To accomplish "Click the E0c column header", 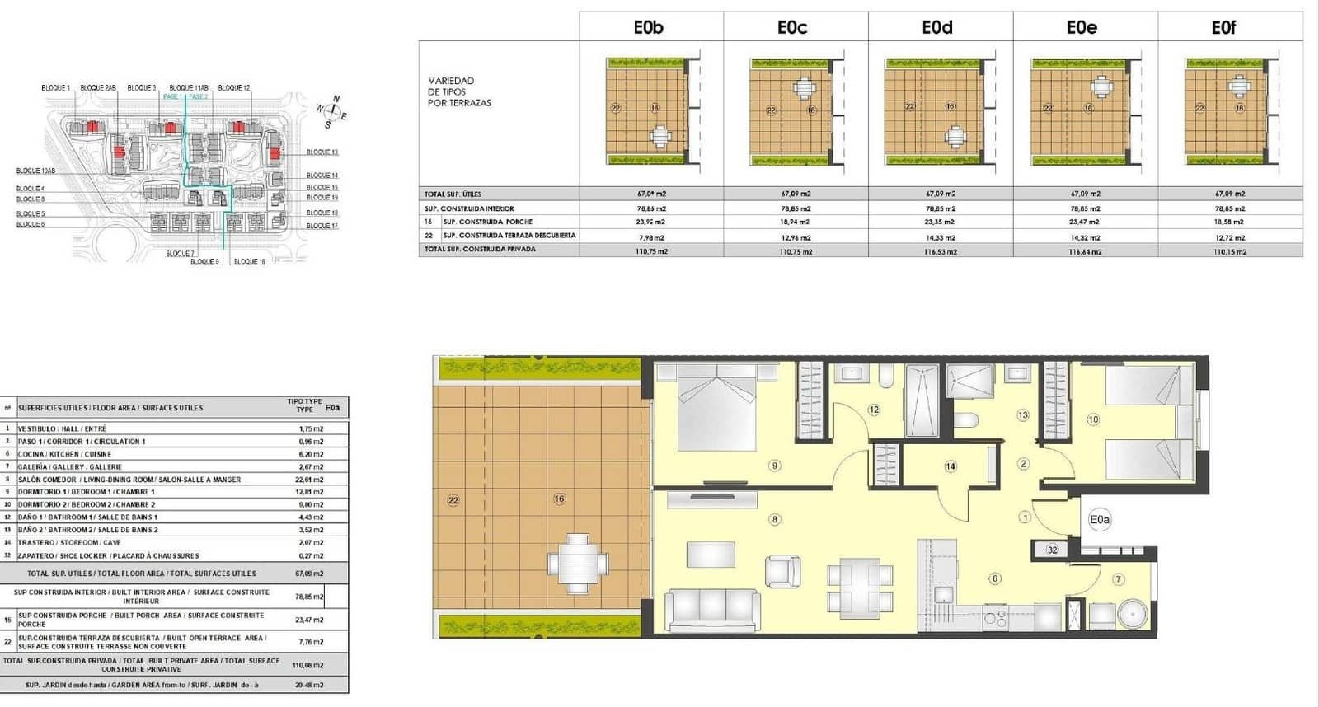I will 792,28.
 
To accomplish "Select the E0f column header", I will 1223,28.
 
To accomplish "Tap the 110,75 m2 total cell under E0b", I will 651,251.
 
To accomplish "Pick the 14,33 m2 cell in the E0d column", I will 940,237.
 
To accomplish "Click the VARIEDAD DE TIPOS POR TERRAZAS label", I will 459,92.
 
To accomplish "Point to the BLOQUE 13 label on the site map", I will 322,152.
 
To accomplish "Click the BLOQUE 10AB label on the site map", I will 35,171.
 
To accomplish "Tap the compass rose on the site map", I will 331,112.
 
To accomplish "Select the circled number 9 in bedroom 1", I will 774,466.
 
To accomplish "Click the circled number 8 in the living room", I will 774,519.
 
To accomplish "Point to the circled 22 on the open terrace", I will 453,500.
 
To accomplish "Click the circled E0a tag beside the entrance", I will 1100,520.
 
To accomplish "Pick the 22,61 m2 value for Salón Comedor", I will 311,480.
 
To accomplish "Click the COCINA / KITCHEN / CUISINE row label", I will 64,454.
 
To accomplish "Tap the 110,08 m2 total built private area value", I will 308,665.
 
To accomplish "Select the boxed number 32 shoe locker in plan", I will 1053,550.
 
